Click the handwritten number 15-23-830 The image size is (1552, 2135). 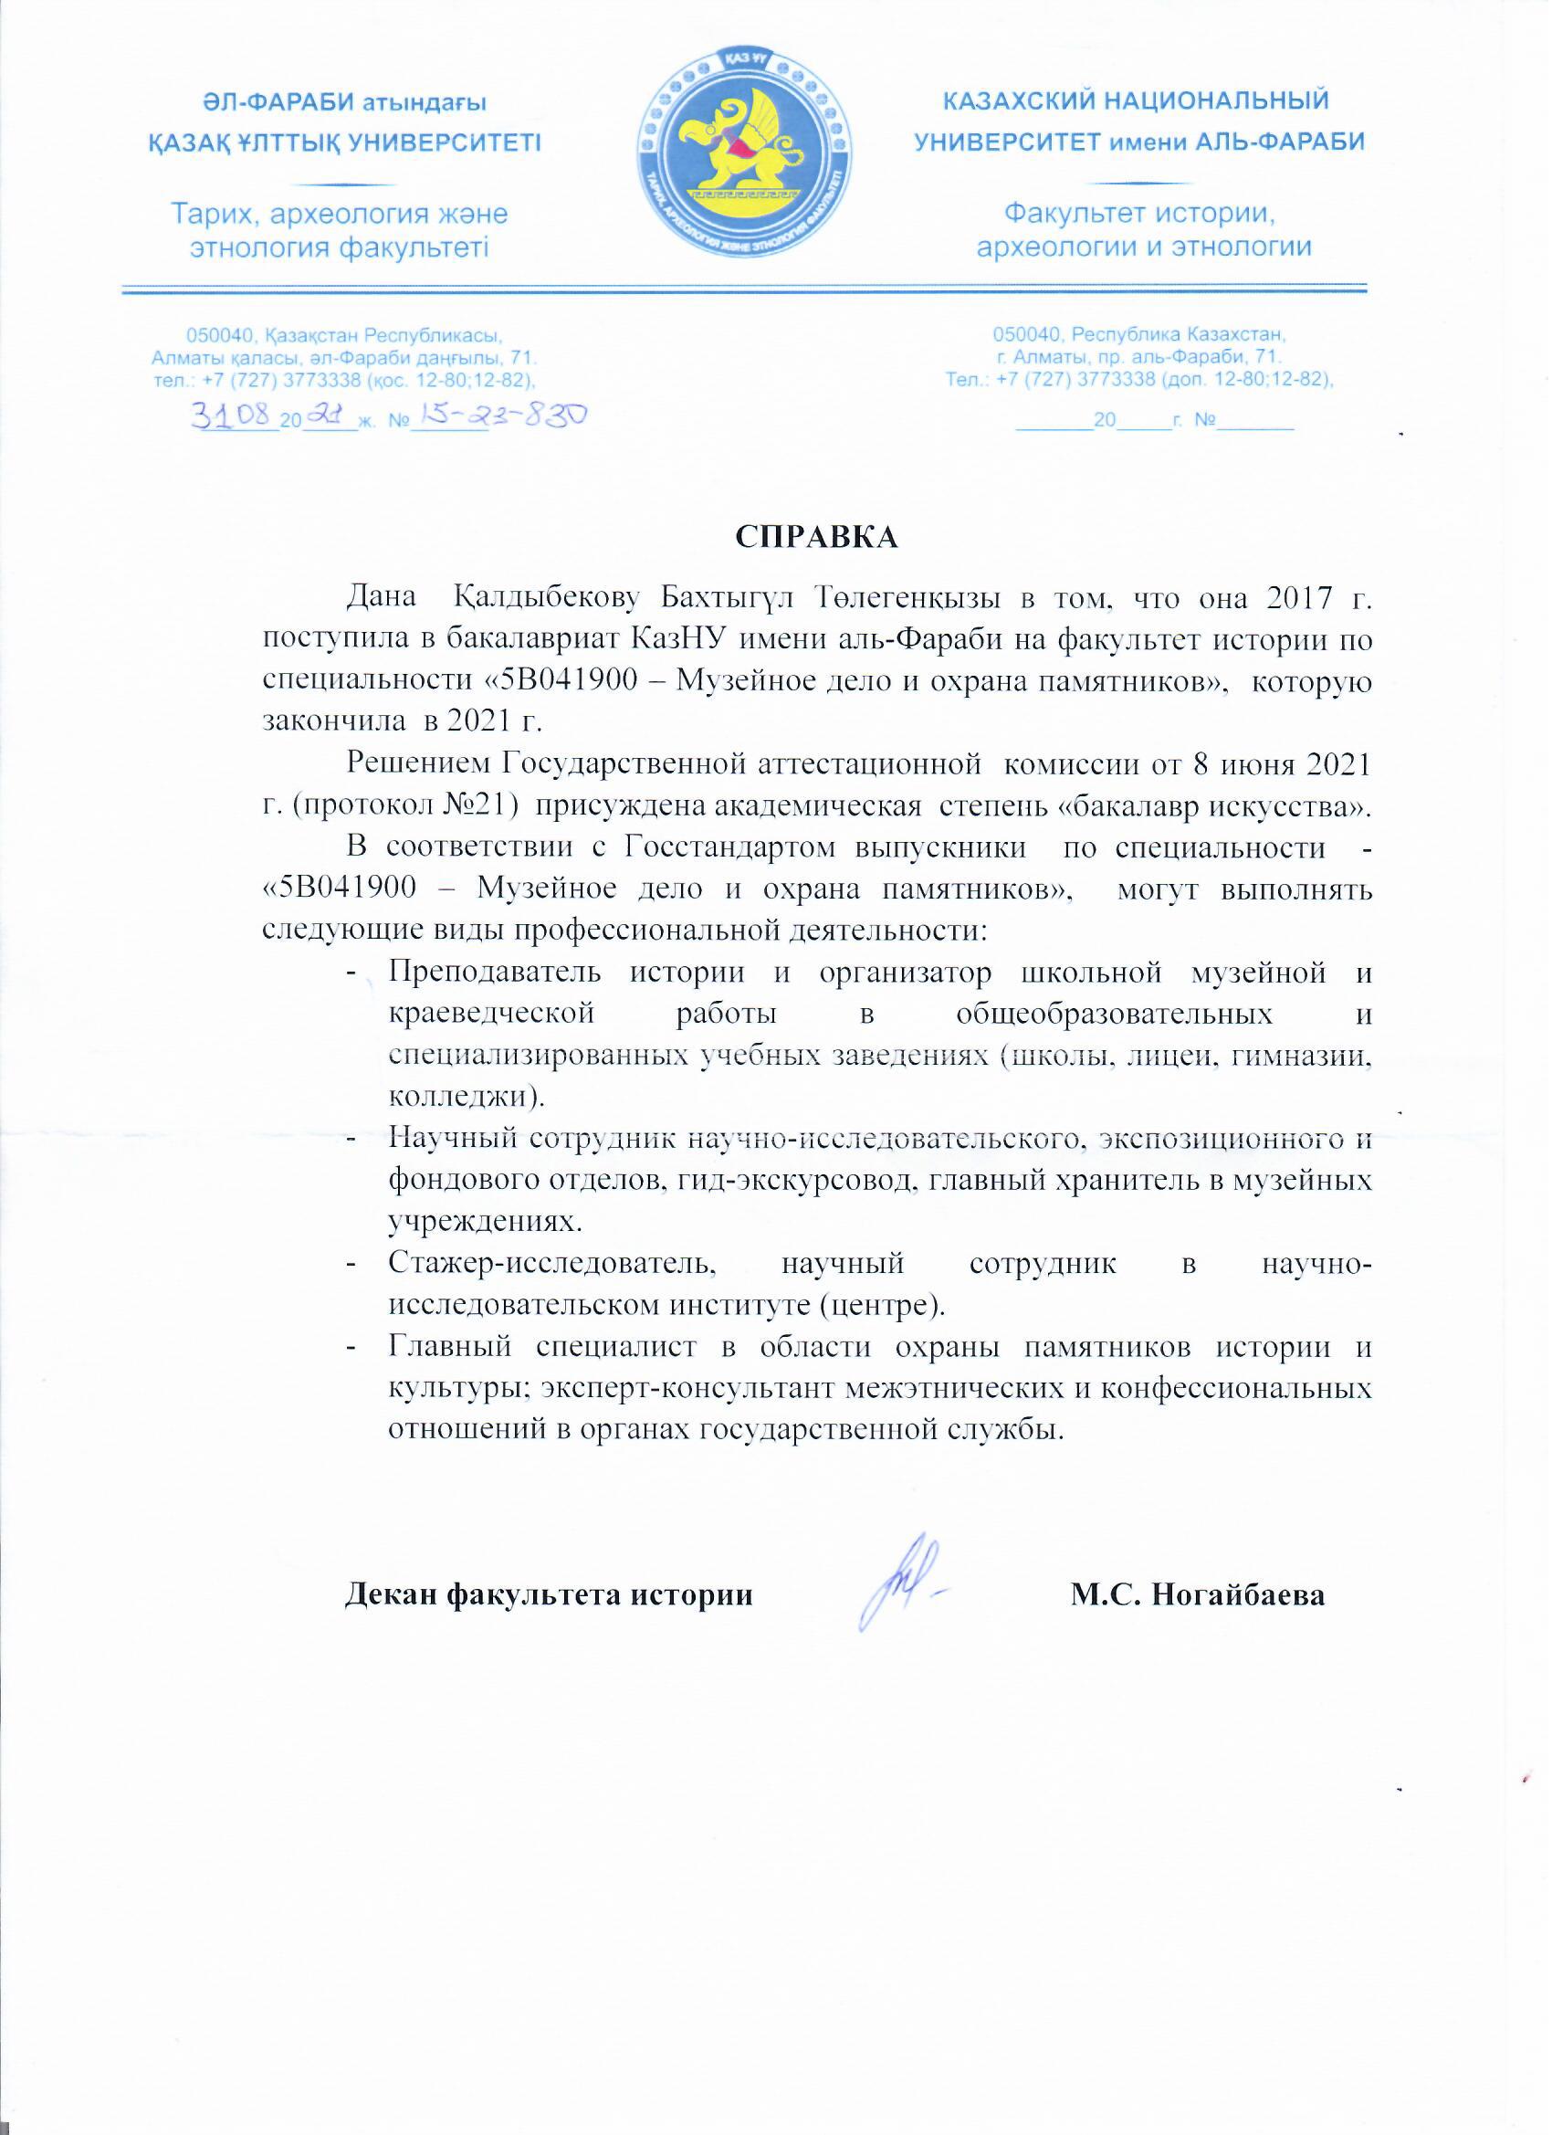[498, 415]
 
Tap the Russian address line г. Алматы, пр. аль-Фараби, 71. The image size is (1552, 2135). [1138, 357]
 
